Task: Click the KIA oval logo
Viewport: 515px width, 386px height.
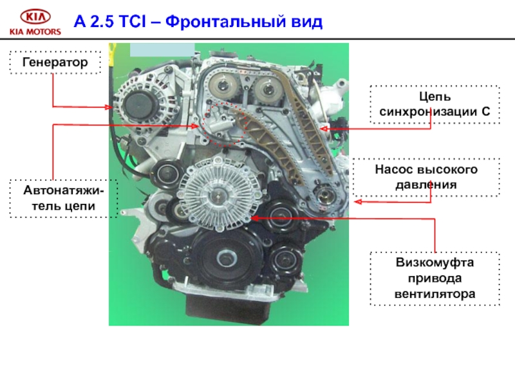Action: coord(35,17)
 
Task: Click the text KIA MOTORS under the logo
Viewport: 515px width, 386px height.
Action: coord(35,32)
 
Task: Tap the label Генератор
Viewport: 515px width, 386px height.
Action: coord(55,62)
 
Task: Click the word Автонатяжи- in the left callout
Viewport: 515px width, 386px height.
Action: coord(63,190)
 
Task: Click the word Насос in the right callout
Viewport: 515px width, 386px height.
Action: coord(393,169)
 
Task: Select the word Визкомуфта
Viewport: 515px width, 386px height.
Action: coord(435,262)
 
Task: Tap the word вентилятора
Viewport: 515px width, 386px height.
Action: coord(435,293)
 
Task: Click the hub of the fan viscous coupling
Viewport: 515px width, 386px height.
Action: coord(217,196)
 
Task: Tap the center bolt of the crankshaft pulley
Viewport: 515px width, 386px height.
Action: coord(227,258)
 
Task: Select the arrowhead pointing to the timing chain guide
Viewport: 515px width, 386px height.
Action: coord(323,129)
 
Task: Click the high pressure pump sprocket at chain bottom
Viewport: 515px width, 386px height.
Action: coord(324,196)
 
